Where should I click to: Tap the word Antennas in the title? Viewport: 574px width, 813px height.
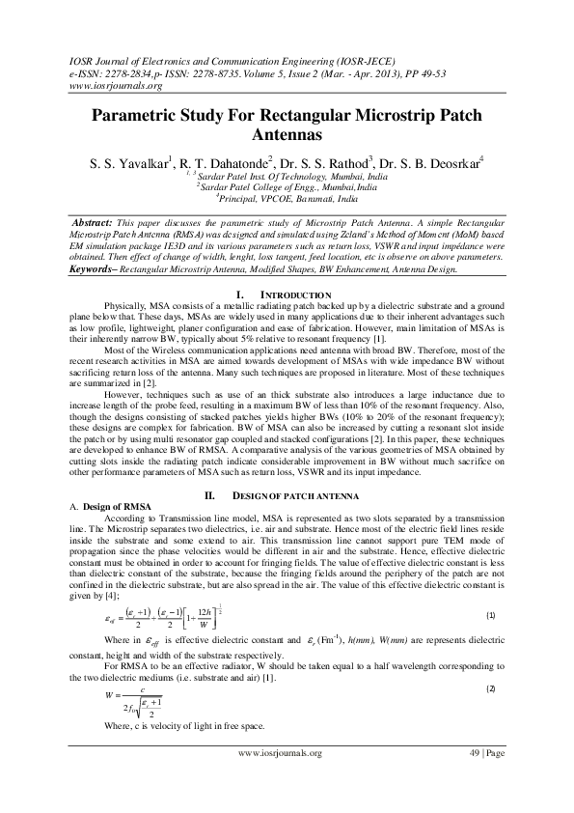point(287,137)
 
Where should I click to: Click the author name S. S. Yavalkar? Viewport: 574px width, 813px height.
point(124,161)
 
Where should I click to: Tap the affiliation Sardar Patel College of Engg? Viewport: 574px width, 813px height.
point(287,188)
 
